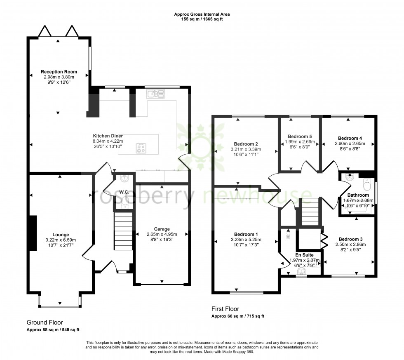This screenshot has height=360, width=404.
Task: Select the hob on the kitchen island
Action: (141, 148)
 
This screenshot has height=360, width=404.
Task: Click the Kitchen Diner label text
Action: (108, 136)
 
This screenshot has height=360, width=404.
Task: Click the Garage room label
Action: (162, 229)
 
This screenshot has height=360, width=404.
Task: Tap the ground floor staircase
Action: (123, 231)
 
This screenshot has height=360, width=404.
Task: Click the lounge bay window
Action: (60, 306)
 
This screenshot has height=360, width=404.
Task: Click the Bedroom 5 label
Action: (300, 136)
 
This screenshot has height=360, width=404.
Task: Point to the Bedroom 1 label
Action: (246, 234)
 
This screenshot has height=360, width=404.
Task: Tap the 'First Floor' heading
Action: (225, 309)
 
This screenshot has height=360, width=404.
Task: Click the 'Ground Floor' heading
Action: (45, 322)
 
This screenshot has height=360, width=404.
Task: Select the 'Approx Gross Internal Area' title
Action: (202, 14)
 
